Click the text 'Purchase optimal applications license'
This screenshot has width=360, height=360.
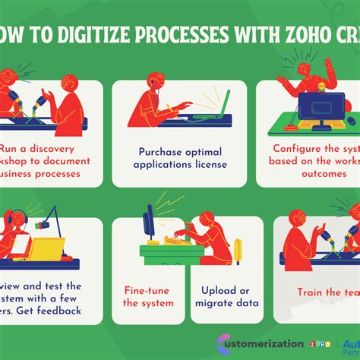click(x=179, y=156)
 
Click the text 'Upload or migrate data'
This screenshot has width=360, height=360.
click(x=224, y=296)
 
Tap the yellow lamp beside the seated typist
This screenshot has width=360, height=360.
click(x=238, y=250)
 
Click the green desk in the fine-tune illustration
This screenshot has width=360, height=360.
click(x=171, y=251)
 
